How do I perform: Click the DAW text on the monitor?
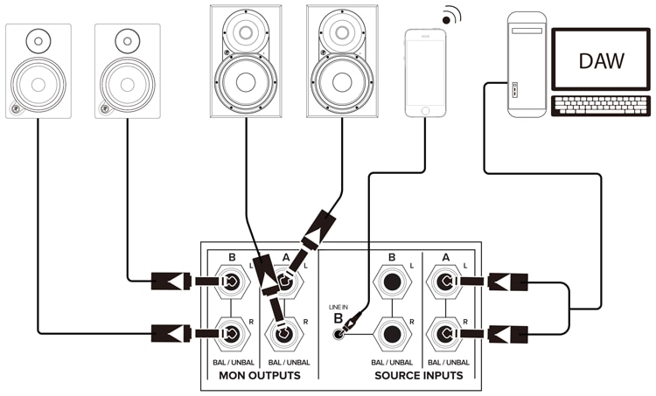pos(601,60)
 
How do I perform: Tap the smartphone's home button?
pos(425,111)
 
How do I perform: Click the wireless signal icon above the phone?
pos(450,16)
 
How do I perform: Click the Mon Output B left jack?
pos(232,281)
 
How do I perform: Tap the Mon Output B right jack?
pos(232,333)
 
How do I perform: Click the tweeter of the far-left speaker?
pos(38,39)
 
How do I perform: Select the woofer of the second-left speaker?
pos(127,84)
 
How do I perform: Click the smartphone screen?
pos(425,68)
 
